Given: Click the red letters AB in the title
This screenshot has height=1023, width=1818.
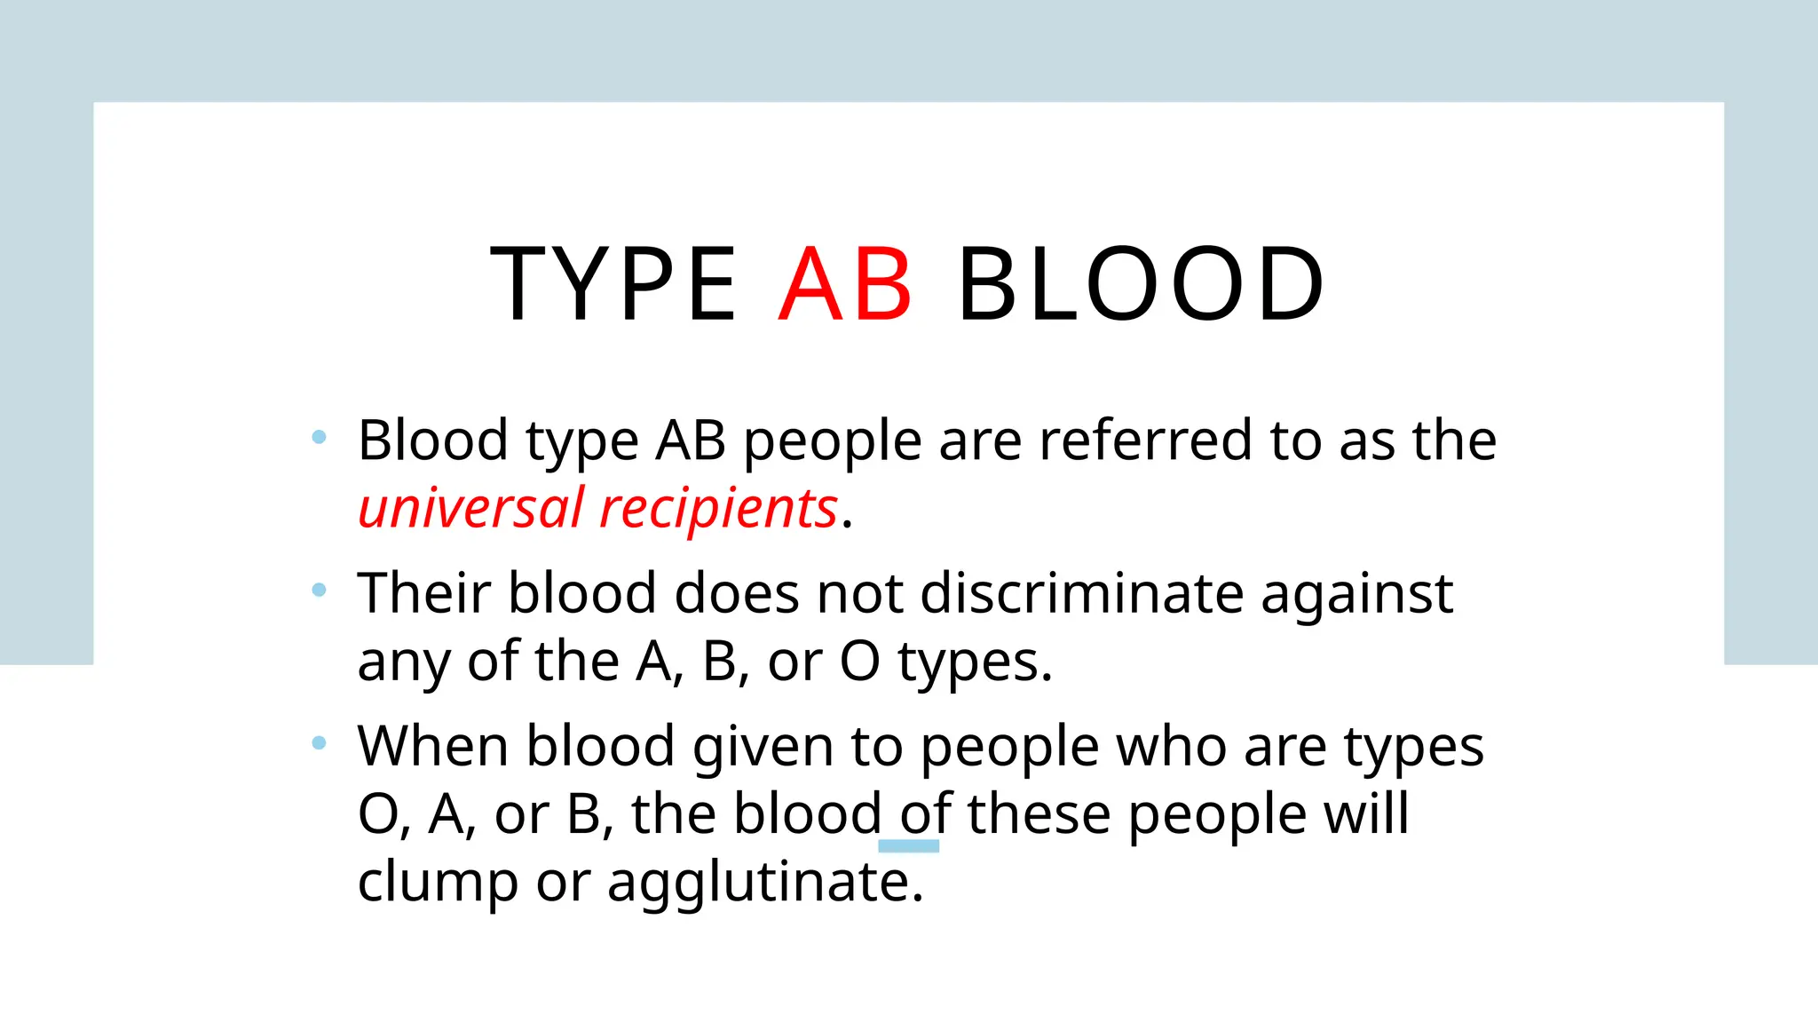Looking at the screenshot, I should point(845,284).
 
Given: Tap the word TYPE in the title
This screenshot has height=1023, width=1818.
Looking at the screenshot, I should point(613,284).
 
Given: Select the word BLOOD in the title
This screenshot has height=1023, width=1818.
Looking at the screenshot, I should point(1141,284).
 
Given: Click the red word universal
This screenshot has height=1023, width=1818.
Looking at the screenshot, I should point(471,508).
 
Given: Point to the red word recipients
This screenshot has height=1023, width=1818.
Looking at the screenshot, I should point(718,510).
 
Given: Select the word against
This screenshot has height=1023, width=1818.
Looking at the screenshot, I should point(1356,595).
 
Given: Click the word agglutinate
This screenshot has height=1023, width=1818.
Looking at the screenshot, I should point(765,884).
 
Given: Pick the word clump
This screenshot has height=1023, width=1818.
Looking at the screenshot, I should point(438,884).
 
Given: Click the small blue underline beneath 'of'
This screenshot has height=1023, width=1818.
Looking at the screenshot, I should point(908,846).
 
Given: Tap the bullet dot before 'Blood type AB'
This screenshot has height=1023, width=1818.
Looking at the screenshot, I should point(320,437).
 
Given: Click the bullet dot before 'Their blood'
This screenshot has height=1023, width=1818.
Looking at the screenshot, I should point(320,590).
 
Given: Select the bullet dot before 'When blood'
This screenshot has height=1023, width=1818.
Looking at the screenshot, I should point(320,742).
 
